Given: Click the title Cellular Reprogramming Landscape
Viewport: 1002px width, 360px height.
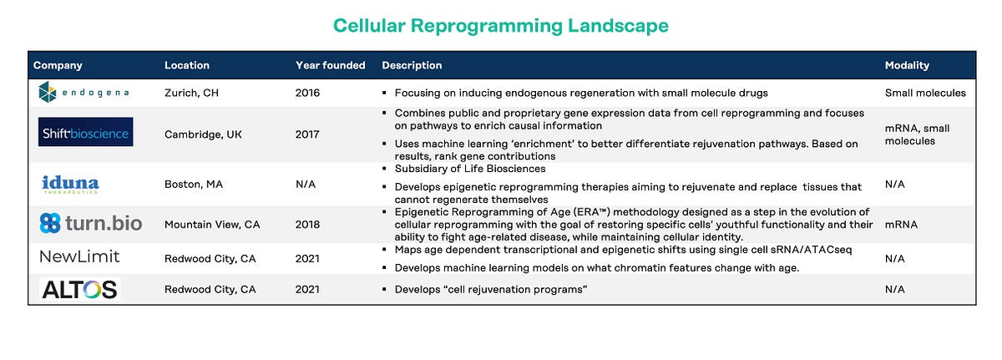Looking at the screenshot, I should pos(501,26).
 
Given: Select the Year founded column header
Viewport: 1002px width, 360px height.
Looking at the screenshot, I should pos(330,65).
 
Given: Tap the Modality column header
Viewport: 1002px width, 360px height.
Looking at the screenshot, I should pos(907,65).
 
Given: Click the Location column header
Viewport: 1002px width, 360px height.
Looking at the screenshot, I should pos(187,65).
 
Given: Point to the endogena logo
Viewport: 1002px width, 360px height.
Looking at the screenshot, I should pos(83,93).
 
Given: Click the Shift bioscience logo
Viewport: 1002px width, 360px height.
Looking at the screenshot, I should pos(85,132).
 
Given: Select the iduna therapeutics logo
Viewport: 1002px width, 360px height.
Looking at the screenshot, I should pos(70,184).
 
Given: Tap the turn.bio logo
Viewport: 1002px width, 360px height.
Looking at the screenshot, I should pos(91,223).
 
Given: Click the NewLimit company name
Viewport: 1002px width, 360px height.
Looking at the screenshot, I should pos(79,257).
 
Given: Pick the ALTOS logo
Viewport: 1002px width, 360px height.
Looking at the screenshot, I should pos(80,289).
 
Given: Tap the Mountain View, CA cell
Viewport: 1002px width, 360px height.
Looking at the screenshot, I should pos(212,225).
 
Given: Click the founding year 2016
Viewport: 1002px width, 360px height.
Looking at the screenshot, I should pos(307,93).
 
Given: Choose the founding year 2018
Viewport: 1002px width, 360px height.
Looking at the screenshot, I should pos(307,225).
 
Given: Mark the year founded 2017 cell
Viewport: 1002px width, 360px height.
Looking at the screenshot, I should pos(307,134).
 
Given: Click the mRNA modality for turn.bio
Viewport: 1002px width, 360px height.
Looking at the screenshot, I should pos(901,225).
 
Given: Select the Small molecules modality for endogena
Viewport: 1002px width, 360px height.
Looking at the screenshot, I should pos(925,93).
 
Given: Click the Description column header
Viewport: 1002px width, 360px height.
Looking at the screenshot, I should pos(412,65).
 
